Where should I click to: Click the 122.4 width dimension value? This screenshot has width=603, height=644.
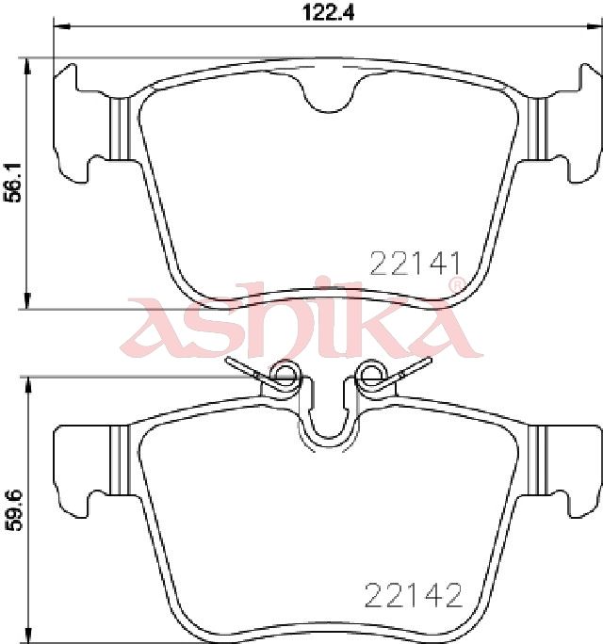(328, 13)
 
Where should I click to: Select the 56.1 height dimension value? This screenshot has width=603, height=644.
(13, 183)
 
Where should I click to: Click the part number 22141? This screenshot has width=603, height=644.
(416, 264)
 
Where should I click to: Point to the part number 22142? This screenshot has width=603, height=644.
(413, 596)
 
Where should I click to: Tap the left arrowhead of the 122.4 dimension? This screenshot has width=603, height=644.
(62, 26)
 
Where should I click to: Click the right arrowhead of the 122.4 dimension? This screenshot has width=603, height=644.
(594, 26)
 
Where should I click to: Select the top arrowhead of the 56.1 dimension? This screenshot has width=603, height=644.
(27, 66)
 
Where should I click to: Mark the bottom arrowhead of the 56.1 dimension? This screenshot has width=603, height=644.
(27, 300)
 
